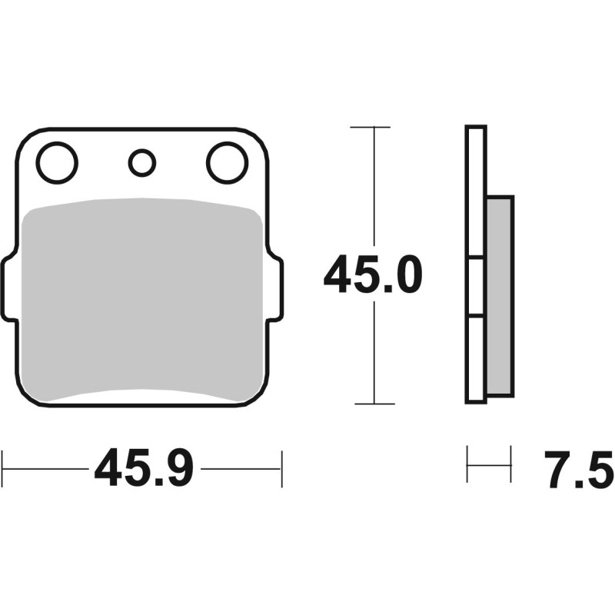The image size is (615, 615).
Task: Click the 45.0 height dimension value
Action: (x=373, y=274)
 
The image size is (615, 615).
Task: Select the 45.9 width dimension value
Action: (x=144, y=468)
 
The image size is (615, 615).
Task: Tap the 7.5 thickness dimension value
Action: (x=579, y=469)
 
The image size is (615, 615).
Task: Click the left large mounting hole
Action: (x=57, y=162)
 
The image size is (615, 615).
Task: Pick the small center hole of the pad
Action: (x=142, y=163)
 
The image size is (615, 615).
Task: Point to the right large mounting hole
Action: (x=228, y=162)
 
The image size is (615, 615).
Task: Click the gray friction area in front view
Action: (x=142, y=299)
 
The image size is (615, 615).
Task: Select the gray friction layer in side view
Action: (x=500, y=296)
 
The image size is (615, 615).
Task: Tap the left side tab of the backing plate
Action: (x=9, y=288)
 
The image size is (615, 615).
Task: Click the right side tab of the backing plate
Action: (x=275, y=288)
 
